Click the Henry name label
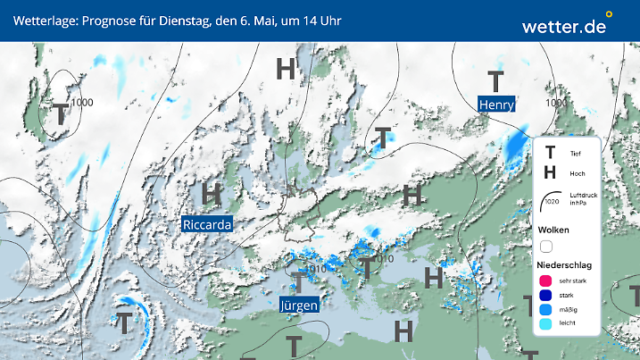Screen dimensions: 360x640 point(497,105)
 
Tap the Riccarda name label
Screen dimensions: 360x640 point(206,224)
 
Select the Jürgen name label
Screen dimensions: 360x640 point(299,305)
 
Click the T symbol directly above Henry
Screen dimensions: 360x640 point(495,80)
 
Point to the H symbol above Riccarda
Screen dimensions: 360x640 point(212,193)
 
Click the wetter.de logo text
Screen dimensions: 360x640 point(563,26)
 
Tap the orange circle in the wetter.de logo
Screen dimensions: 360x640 point(610,14)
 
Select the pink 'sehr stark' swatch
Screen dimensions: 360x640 point(545,281)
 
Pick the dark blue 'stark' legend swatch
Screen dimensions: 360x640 point(545,297)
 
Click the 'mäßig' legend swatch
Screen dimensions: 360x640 point(545,311)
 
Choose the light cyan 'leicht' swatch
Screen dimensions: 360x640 point(545,326)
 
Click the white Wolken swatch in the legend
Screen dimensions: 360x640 point(545,246)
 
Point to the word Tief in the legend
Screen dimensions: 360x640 point(575,154)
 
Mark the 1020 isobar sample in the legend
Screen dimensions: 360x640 point(551,201)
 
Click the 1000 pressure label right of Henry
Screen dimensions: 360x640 point(556,103)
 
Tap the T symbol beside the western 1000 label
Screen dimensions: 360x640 point(60,113)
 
